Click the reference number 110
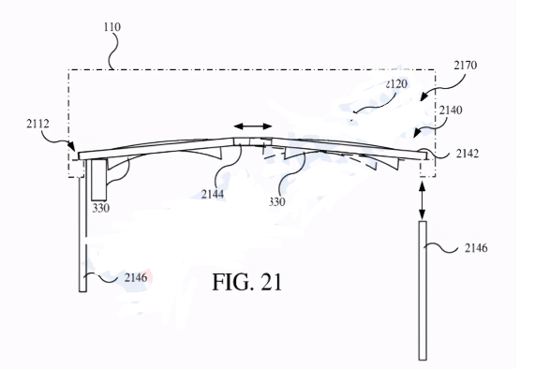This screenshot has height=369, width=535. [112, 27]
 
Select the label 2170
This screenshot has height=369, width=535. [466, 65]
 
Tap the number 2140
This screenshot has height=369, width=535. [451, 111]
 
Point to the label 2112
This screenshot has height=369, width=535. [37, 124]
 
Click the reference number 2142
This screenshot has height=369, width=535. [468, 154]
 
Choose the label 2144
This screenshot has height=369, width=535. [213, 194]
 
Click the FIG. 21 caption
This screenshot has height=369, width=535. [247, 282]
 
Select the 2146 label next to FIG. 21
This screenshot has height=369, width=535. [136, 277]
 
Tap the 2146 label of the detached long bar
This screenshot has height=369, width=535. [476, 248]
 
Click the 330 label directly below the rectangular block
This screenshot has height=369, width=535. [101, 208]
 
